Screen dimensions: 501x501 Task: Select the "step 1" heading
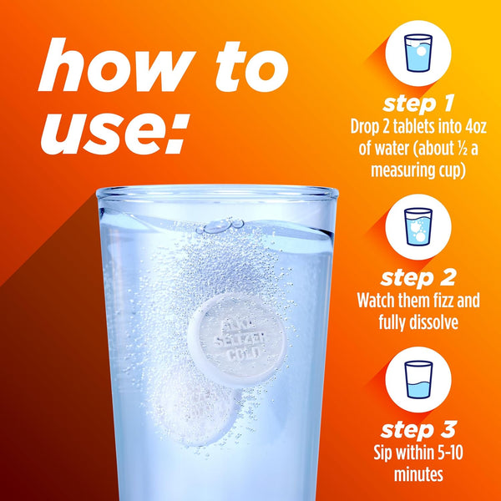(x=418, y=104)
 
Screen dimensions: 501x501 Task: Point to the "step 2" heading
(x=418, y=278)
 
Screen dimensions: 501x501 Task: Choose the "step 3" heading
(x=418, y=430)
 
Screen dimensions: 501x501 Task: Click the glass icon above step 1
(x=418, y=53)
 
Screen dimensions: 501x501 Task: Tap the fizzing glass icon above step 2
(x=418, y=226)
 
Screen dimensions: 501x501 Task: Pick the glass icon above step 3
(x=418, y=380)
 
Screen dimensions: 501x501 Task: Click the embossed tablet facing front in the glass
(x=236, y=340)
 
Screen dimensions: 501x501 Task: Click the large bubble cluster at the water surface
(x=220, y=225)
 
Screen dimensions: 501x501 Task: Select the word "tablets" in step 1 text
(x=412, y=127)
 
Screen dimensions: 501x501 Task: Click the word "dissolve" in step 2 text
(x=432, y=322)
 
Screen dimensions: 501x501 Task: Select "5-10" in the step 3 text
(x=449, y=453)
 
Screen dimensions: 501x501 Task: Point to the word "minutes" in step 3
(x=418, y=474)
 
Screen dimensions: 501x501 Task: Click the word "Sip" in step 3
(x=382, y=453)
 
